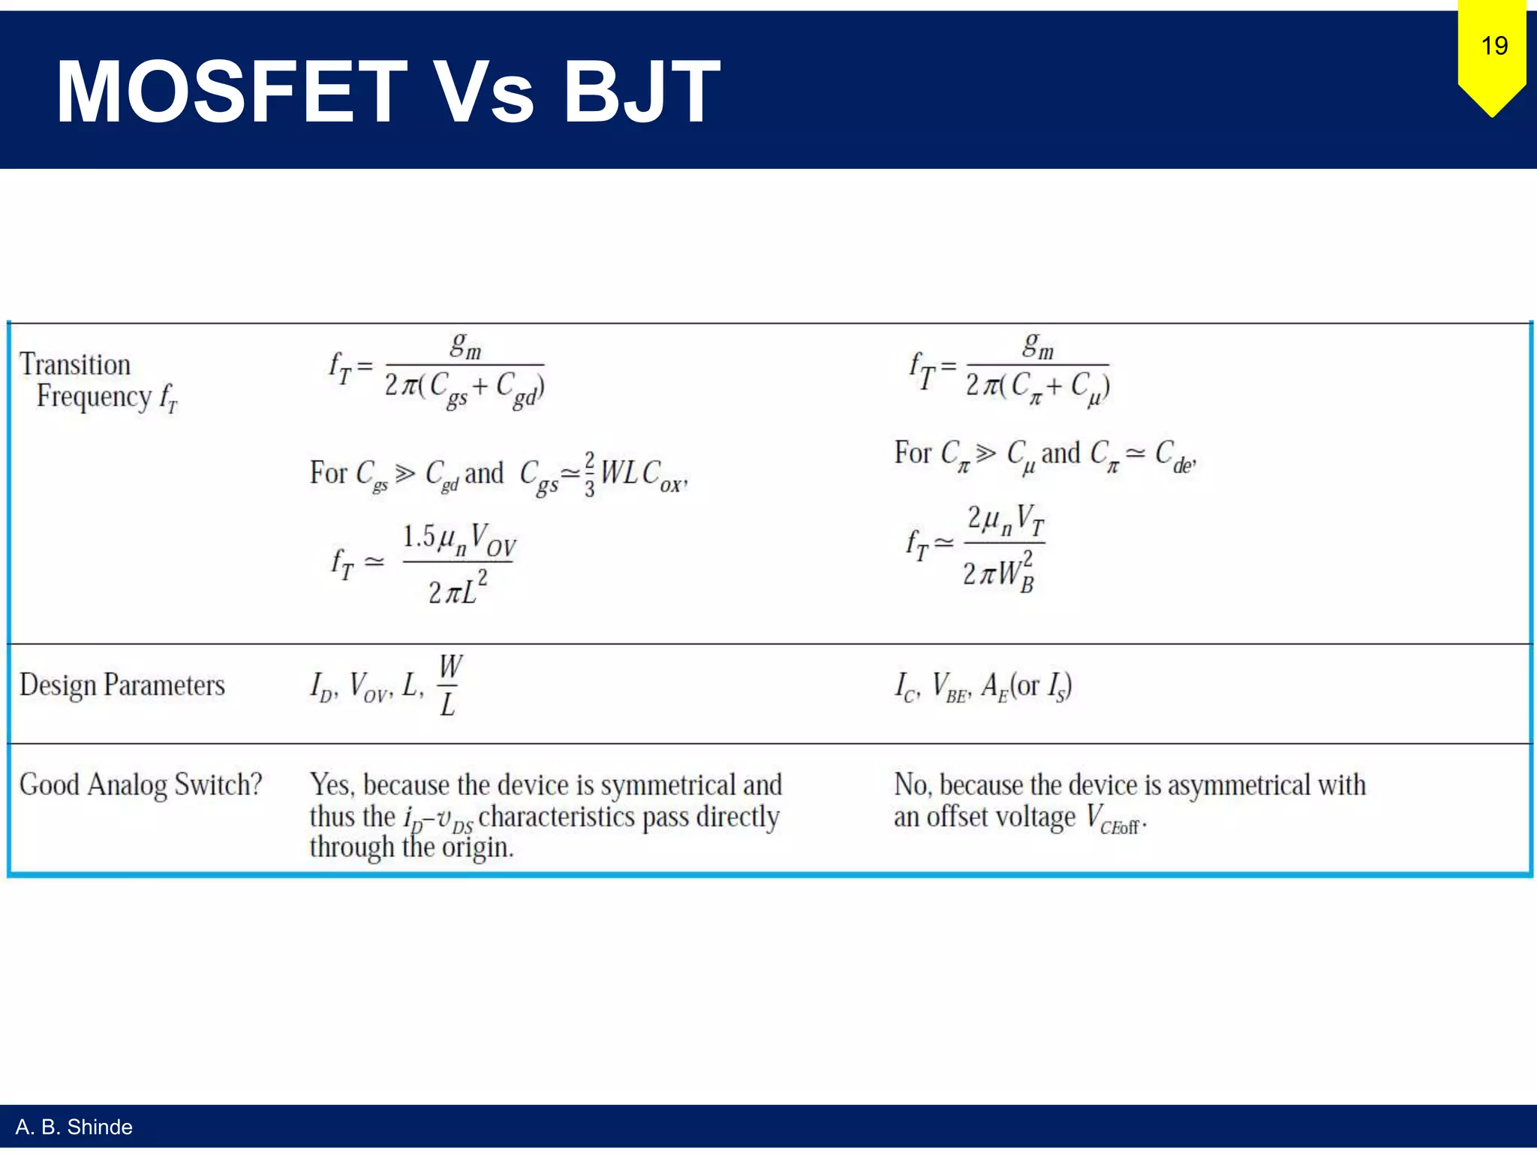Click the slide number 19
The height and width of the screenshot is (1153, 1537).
(x=1494, y=47)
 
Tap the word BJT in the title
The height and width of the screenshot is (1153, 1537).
(x=642, y=92)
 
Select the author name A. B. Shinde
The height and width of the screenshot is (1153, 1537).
(x=74, y=1127)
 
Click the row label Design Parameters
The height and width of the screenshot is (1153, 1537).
(x=122, y=685)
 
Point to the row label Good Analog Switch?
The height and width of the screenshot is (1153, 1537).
(x=140, y=784)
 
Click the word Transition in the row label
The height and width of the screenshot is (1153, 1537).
(x=75, y=364)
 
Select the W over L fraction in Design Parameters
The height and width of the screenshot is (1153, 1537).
(x=450, y=685)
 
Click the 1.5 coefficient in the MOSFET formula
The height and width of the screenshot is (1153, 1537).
(x=418, y=537)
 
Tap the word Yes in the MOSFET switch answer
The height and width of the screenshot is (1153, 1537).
(x=330, y=785)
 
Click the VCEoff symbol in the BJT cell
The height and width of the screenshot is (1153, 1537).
(x=1114, y=818)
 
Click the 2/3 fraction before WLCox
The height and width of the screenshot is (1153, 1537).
(x=589, y=474)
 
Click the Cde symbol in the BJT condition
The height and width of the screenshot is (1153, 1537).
(x=1175, y=455)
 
